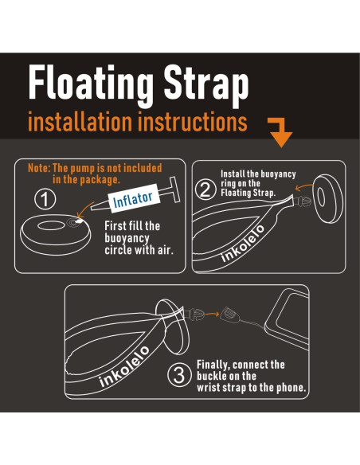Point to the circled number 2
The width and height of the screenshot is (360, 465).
205,190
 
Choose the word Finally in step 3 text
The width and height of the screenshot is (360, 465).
216,365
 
